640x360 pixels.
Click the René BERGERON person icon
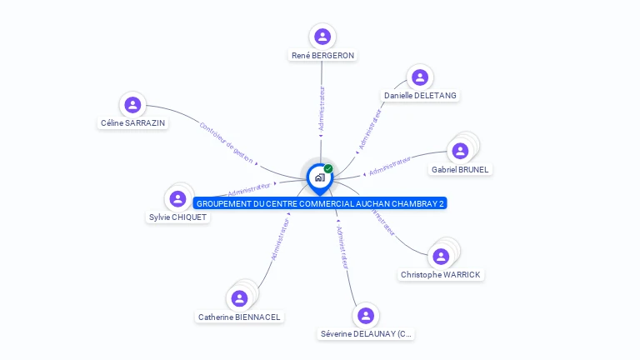(322, 37)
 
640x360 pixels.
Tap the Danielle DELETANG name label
(420, 96)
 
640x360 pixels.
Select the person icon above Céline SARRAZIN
(132, 105)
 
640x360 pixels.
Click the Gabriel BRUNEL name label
(460, 169)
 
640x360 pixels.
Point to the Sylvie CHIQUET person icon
(177, 199)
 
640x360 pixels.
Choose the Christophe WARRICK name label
(440, 275)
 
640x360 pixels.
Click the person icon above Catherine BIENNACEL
(240, 298)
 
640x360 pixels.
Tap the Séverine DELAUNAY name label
(366, 334)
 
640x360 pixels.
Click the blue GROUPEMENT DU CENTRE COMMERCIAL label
(321, 203)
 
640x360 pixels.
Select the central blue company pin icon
(319, 177)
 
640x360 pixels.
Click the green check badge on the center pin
(328, 169)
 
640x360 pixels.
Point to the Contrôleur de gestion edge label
(226, 142)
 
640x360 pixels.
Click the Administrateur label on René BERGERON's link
(322, 108)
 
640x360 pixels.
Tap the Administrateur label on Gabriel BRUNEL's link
(390, 166)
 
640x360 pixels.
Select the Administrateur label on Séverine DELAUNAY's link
(341, 246)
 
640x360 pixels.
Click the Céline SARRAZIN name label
(132, 123)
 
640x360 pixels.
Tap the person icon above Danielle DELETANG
(420, 77)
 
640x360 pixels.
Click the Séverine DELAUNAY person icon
(366, 316)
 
